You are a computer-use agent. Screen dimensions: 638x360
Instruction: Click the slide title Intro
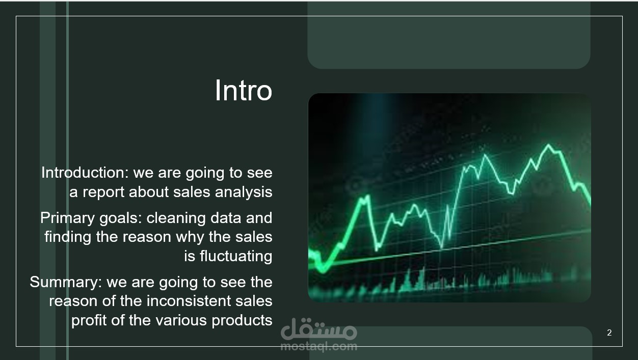point(244,91)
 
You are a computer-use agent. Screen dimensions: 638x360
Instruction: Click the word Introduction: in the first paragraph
point(85,173)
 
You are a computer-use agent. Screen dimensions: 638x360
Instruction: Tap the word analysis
point(244,192)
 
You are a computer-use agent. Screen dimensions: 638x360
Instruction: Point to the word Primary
point(67,218)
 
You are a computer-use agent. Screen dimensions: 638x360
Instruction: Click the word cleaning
point(176,218)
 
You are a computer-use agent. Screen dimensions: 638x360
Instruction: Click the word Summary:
point(66,282)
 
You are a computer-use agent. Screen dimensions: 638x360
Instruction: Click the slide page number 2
point(609,333)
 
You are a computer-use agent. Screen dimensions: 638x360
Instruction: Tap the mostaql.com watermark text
point(318,347)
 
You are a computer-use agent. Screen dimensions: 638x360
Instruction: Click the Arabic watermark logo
point(318,329)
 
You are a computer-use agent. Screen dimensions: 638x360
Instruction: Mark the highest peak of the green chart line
point(548,145)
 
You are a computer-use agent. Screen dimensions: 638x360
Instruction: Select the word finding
point(68,237)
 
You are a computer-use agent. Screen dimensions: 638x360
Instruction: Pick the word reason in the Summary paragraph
point(73,301)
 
